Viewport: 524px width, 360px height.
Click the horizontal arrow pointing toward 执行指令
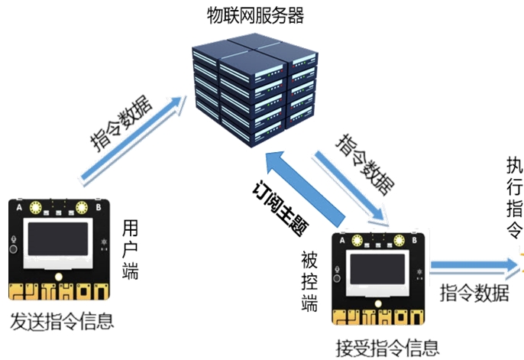click(x=474, y=267)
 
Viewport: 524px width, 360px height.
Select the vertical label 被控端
click(x=309, y=282)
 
